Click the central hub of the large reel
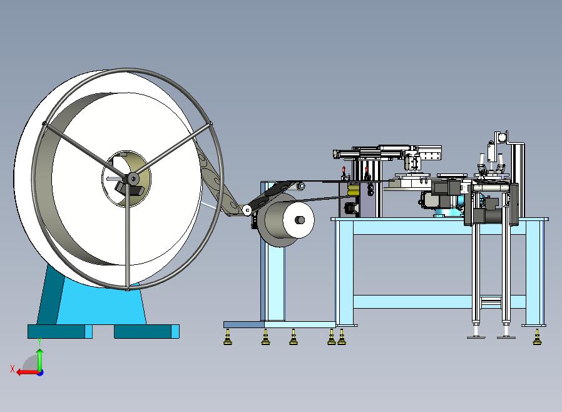133,178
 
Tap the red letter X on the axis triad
13,369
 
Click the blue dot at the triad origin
41,373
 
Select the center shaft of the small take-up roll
300,219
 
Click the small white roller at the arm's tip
247,210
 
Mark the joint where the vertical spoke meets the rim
127,287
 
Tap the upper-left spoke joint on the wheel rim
44,124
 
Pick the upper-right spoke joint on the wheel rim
210,124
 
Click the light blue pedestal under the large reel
100,301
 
